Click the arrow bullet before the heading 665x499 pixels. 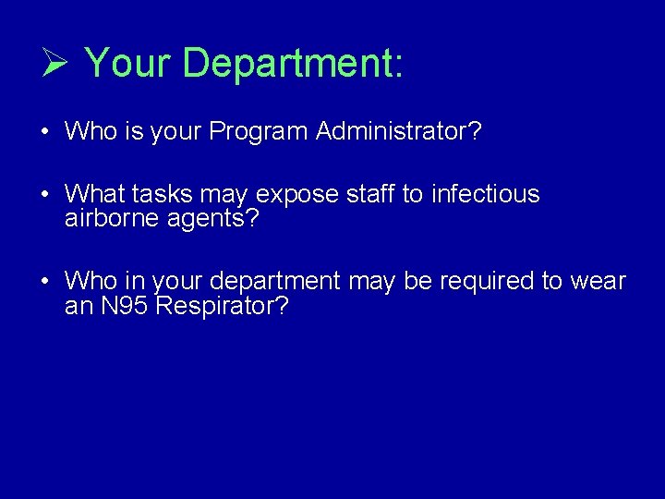pyautogui.click(x=54, y=64)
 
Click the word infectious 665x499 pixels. pyautogui.click(x=485, y=194)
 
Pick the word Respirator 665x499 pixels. pyautogui.click(x=223, y=307)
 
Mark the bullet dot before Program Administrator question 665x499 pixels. pyautogui.click(x=44, y=132)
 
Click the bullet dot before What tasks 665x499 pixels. pyautogui.click(x=44, y=195)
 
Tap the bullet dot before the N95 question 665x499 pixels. pyautogui.click(x=44, y=282)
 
